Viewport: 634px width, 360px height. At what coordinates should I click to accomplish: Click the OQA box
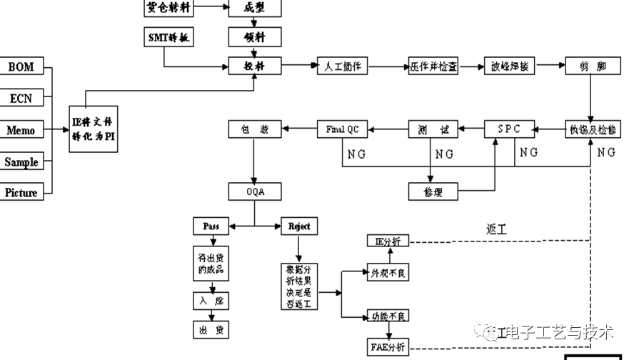[255, 191]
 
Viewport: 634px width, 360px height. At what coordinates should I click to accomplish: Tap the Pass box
[211, 226]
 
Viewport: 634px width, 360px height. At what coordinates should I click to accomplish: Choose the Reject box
[299, 226]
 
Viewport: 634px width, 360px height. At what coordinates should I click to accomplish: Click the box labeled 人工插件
[341, 66]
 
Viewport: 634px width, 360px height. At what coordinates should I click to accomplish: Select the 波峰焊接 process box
[509, 66]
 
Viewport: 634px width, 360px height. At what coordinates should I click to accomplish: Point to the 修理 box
[433, 191]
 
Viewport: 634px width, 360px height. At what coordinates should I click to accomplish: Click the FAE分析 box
[388, 348]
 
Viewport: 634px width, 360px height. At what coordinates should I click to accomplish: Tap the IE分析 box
[388, 241]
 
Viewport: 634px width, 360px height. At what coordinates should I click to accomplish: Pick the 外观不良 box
[388, 273]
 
